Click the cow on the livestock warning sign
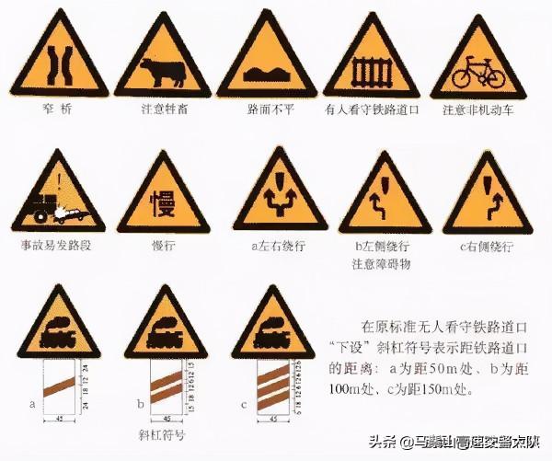click(165, 70)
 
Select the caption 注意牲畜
click(164, 110)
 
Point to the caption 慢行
click(163, 247)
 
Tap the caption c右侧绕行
click(487, 247)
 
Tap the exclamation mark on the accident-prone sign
click(58, 180)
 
